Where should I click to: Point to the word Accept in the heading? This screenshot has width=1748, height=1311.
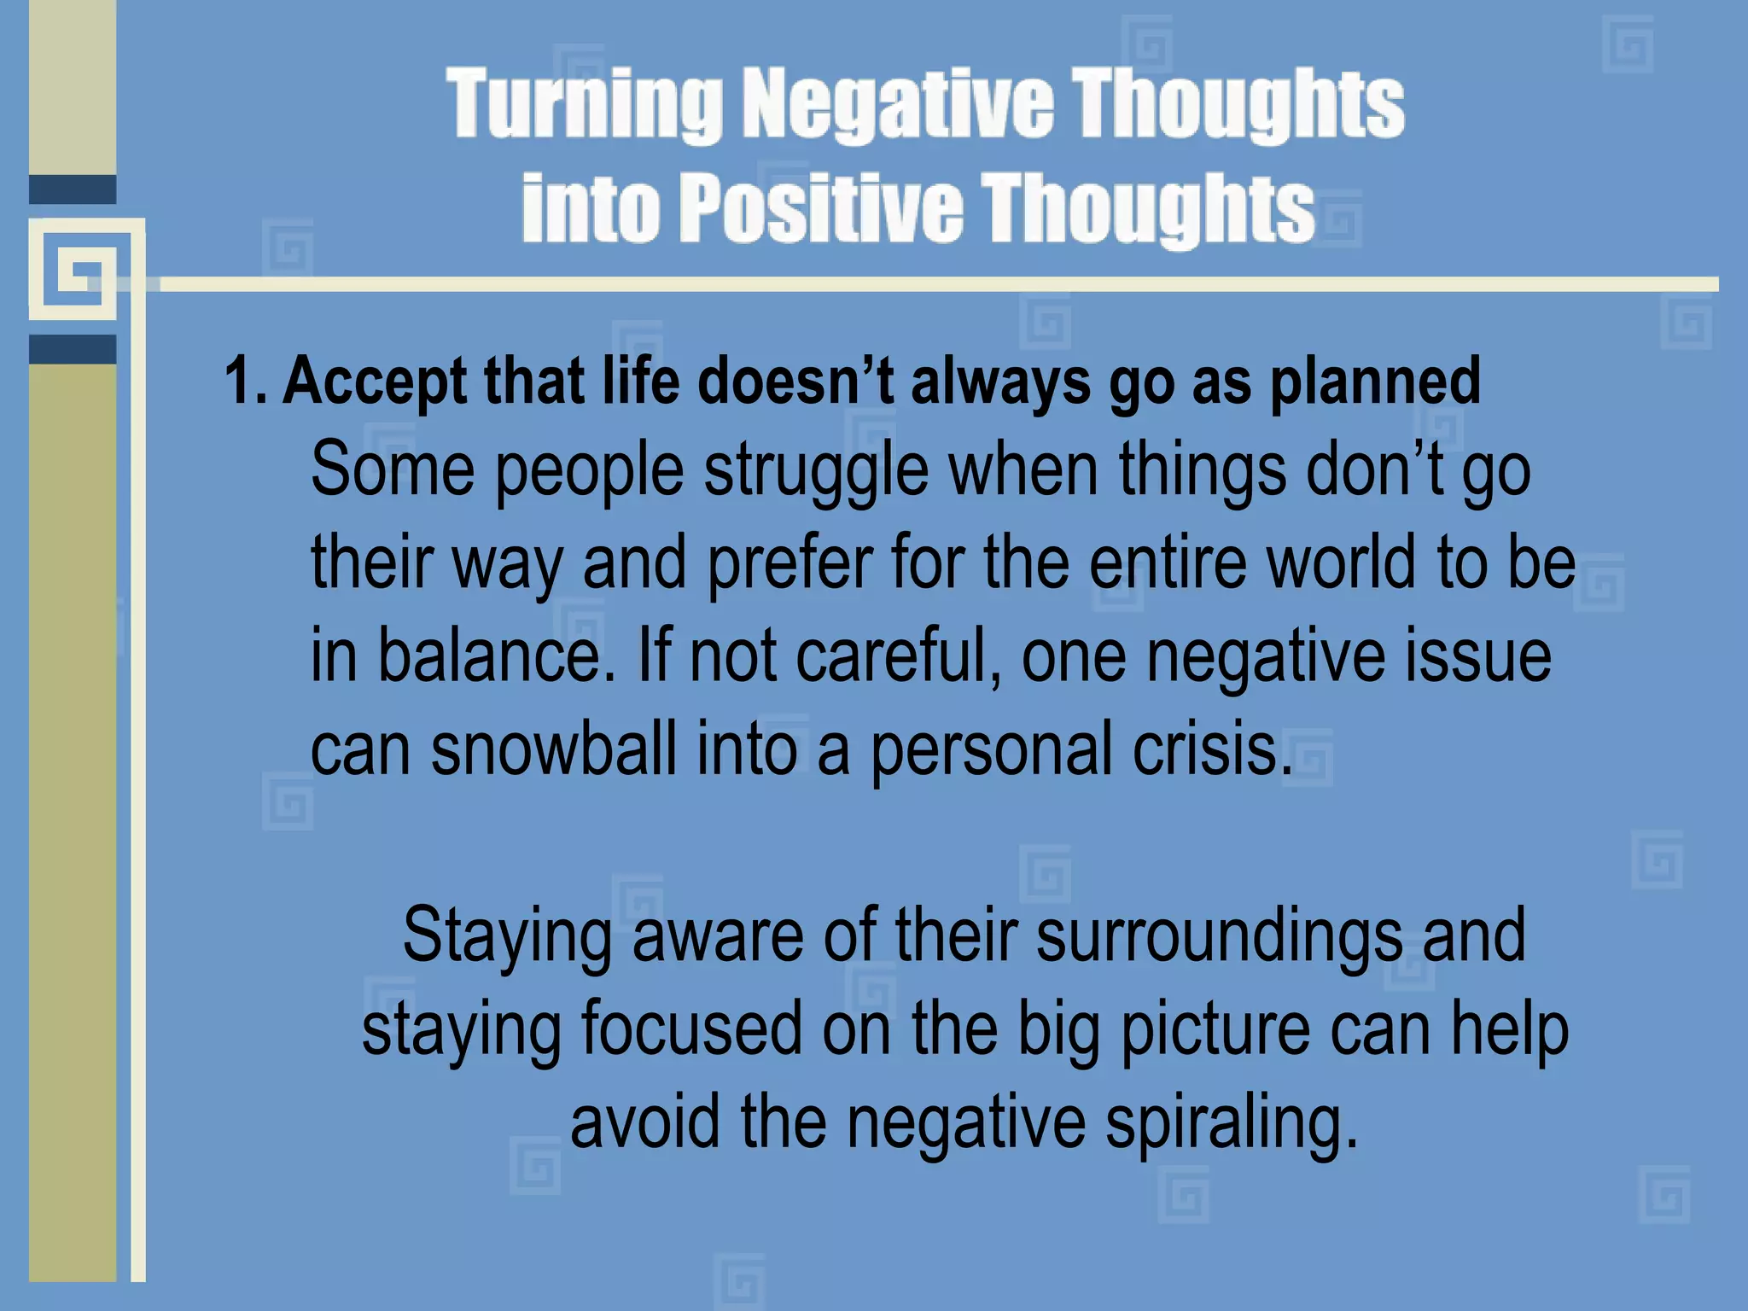(376, 382)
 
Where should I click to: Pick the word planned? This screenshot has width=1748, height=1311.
(1375, 382)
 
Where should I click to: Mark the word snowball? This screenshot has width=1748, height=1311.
(553, 749)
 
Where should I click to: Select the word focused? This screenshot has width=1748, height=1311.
(691, 1029)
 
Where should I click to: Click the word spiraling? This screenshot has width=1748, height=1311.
(1230, 1123)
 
